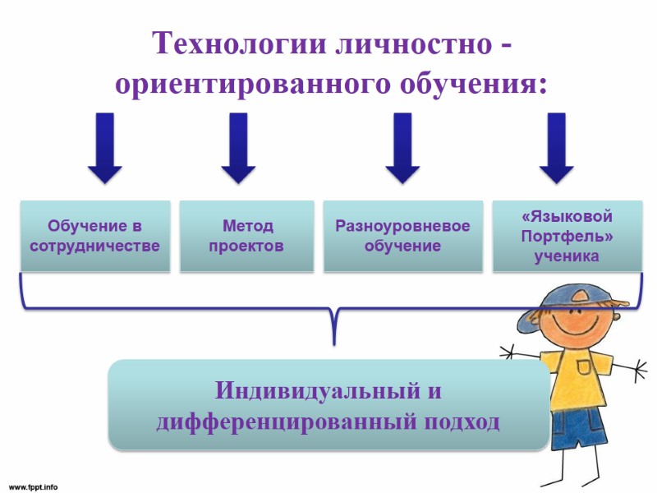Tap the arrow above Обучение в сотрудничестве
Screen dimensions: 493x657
coord(104,148)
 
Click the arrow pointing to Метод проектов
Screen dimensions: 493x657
coord(239,148)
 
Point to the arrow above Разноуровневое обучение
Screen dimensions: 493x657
coord(402,148)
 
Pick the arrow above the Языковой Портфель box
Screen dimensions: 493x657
coord(557,148)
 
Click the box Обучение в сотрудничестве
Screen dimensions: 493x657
coord(95,236)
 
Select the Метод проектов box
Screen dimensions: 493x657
coord(246,236)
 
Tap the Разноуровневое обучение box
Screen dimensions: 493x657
coord(402,236)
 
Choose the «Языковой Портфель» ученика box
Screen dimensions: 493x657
coord(567,236)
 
